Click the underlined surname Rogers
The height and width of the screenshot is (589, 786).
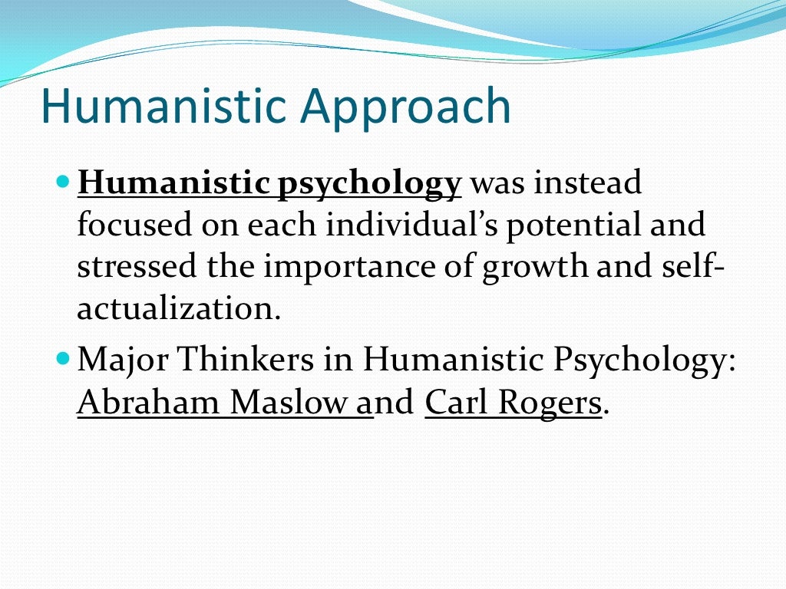(x=551, y=403)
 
